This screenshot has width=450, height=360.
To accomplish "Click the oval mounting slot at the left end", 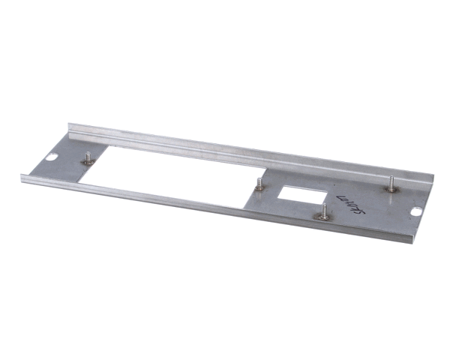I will (53, 158).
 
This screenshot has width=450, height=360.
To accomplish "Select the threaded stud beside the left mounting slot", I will (88, 158).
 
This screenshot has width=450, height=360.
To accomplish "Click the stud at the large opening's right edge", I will (259, 184).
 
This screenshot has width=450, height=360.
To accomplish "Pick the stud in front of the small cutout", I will (322, 213).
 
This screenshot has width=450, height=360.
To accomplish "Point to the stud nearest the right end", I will (391, 184).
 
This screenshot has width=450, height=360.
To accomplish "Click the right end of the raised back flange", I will (433, 180).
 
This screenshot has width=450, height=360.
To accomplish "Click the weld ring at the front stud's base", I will (322, 217).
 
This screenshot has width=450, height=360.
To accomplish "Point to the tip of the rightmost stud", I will (391, 177).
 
